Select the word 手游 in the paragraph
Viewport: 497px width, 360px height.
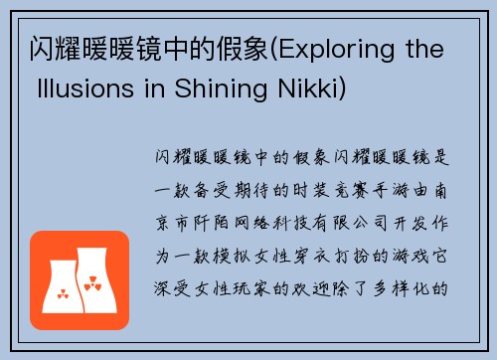tap(408, 186)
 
